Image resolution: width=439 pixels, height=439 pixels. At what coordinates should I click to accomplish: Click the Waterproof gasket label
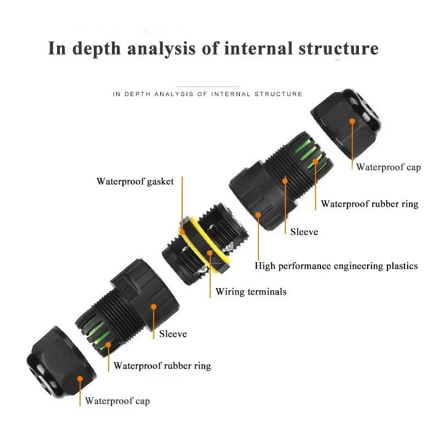[135, 181]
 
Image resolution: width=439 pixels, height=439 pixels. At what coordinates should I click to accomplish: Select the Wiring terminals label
[251, 291]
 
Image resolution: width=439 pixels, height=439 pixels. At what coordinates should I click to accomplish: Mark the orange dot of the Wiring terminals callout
[210, 253]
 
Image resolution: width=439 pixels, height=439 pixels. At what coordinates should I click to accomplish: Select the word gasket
[160, 181]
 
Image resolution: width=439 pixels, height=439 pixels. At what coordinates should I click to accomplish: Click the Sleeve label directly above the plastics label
[304, 232]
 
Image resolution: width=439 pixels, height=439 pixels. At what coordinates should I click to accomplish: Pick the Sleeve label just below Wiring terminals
[173, 334]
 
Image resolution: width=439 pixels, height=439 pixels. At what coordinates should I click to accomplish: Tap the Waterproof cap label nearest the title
[388, 167]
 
